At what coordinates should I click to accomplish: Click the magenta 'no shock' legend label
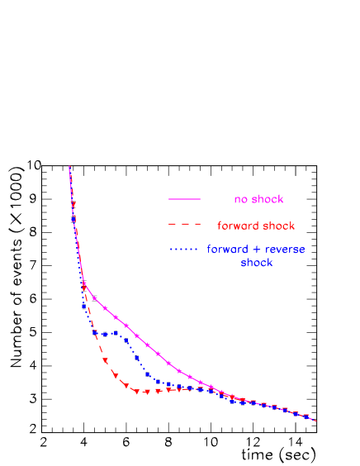[x=258, y=199]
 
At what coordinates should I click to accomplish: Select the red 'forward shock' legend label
[x=256, y=226]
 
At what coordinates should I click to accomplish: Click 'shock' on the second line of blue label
[x=256, y=263]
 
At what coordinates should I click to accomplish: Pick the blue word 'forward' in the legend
[x=226, y=250]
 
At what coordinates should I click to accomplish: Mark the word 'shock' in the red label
[x=279, y=226]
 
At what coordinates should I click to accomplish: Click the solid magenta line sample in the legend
[x=185, y=199]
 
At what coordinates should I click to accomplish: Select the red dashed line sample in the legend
[x=185, y=224]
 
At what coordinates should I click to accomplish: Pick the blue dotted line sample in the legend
[x=185, y=250]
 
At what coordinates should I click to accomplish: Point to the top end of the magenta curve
[x=69, y=167]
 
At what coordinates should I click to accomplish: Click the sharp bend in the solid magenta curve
[x=84, y=285]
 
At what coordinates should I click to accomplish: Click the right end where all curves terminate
[x=315, y=421]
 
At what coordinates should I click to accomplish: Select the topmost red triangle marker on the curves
[x=73, y=204]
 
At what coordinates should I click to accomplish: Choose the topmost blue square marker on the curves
[x=73, y=220]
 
